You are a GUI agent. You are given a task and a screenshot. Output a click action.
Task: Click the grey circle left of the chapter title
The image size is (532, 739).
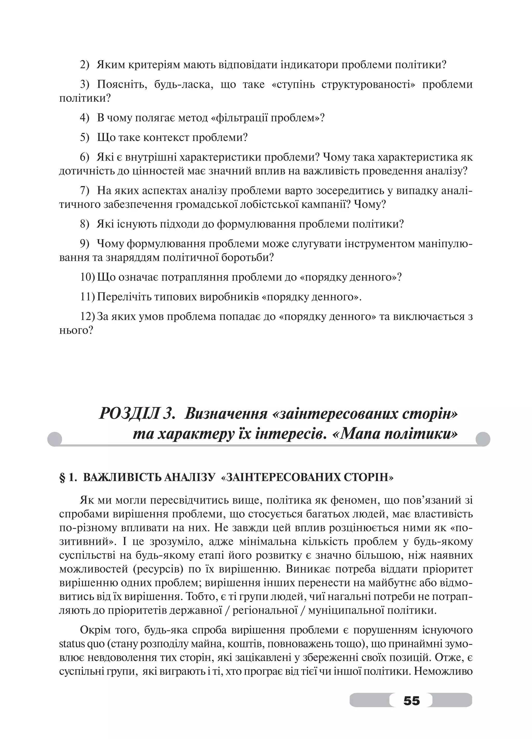point(55,439)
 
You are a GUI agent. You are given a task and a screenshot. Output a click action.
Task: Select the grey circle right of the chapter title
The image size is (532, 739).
point(483,439)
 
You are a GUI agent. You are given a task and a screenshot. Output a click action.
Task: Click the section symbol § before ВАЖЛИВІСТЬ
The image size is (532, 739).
point(62,478)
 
